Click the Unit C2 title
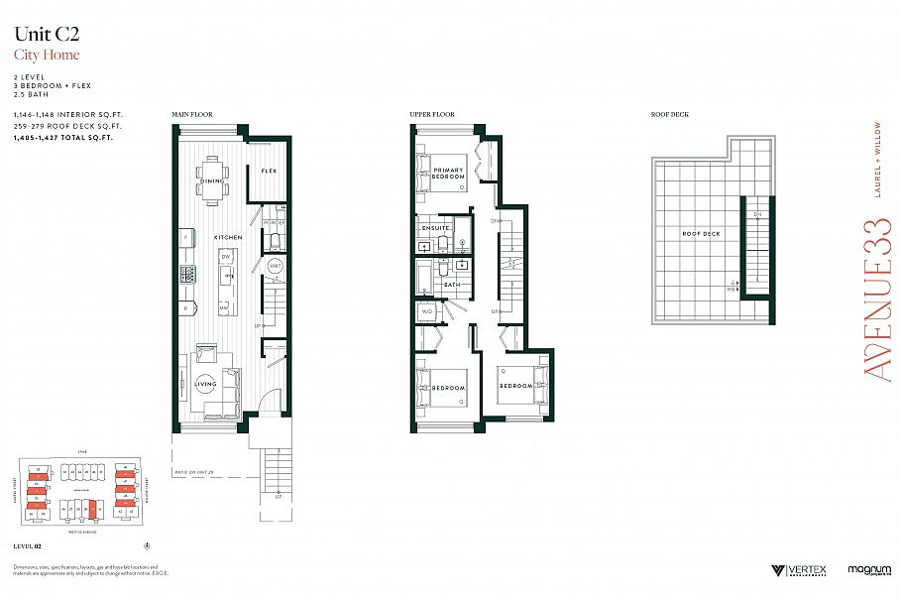pyautogui.click(x=46, y=35)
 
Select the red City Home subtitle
pyautogui.click(x=47, y=56)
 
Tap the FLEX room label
pyautogui.click(x=268, y=172)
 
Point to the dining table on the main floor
pyautogui.click(x=212, y=180)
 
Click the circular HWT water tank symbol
pyautogui.click(x=277, y=266)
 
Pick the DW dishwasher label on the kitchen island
pyautogui.click(x=226, y=256)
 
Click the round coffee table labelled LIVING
pyautogui.click(x=206, y=385)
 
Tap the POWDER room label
pyautogui.click(x=275, y=223)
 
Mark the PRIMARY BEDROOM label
pyautogui.click(x=448, y=174)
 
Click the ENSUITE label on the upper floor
pyautogui.click(x=436, y=228)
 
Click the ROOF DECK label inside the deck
pyautogui.click(x=701, y=234)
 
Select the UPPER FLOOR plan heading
pyautogui.click(x=432, y=115)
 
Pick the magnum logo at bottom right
pyautogui.click(x=867, y=570)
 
